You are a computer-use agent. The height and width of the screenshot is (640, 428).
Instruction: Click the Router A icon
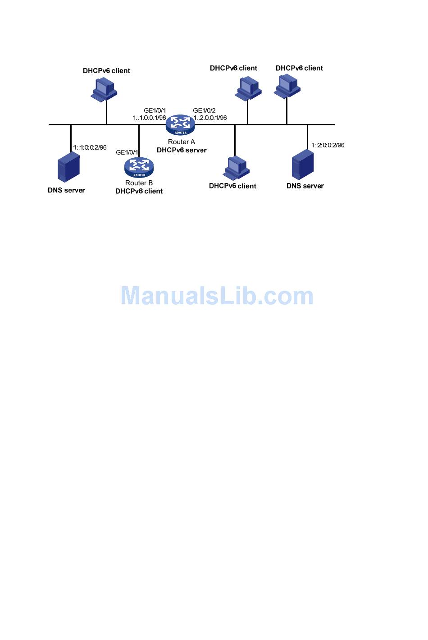(x=180, y=125)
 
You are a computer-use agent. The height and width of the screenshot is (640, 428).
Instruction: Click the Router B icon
(x=139, y=168)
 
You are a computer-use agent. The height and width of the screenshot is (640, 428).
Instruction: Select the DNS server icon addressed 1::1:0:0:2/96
(x=68, y=167)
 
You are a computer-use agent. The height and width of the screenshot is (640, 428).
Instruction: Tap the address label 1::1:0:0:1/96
(x=150, y=118)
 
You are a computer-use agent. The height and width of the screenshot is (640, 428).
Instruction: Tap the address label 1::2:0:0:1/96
(x=210, y=118)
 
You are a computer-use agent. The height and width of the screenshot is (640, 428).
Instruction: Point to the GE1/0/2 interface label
(x=204, y=110)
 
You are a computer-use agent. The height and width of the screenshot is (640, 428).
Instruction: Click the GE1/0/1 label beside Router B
(x=127, y=152)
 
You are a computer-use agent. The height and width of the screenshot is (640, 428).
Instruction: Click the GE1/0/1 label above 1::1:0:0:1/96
(x=155, y=110)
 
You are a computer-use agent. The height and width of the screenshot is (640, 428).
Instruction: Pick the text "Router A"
(x=182, y=142)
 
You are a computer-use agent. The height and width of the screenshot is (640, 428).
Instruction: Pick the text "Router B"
(x=139, y=183)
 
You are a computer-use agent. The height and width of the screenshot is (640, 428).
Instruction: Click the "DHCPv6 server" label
(x=182, y=150)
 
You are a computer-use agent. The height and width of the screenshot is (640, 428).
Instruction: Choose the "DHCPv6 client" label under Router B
(x=139, y=191)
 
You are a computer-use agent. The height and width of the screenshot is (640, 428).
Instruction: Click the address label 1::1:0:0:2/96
(x=90, y=147)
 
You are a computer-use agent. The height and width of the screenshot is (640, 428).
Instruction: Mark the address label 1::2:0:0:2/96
(x=328, y=145)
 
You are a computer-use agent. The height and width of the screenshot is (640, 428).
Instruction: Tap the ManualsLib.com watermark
(x=217, y=296)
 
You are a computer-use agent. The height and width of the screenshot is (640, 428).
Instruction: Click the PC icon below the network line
(x=237, y=168)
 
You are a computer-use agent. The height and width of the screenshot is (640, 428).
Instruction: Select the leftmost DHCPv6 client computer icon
(x=105, y=89)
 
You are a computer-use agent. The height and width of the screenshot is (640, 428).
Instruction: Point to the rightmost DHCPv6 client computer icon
(x=287, y=86)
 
